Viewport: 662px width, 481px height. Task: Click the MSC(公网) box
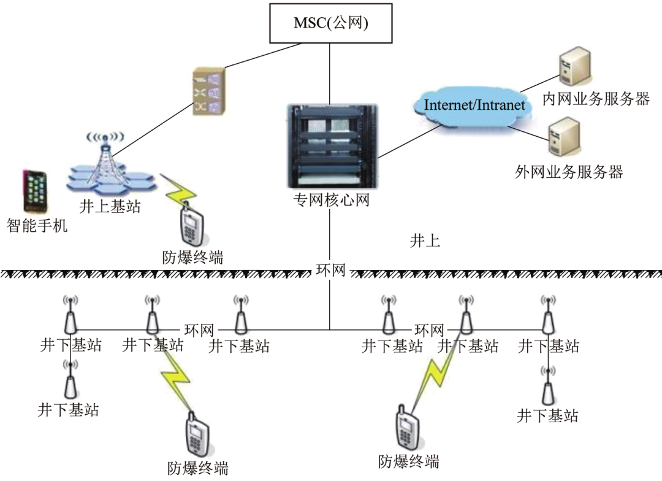(331, 23)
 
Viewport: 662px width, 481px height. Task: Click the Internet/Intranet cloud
(474, 105)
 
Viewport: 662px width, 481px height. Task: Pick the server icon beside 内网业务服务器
(574, 68)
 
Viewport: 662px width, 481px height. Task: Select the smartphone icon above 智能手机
(36, 191)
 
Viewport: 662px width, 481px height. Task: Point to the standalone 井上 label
(425, 240)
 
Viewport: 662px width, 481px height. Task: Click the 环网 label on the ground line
(331, 271)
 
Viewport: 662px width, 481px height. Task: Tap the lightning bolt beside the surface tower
(177, 190)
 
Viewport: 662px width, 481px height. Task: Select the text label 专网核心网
(331, 200)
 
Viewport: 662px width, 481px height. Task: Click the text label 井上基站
(110, 206)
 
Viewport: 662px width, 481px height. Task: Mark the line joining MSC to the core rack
(330, 74)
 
